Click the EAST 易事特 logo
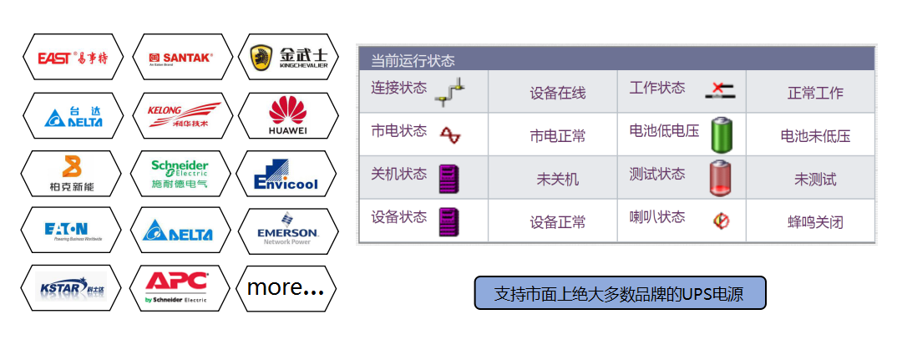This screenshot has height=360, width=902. tap(72, 58)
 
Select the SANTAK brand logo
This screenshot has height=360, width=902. tap(180, 58)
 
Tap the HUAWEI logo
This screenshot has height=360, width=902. tap(288, 115)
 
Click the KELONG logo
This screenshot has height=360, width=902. tap(180, 115)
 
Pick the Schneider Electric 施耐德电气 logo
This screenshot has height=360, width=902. tap(180, 173)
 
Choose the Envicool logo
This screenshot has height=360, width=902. tap(288, 173)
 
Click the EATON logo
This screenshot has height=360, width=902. tap(72, 231)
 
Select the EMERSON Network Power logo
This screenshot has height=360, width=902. tap(288, 231)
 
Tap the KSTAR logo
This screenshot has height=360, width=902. tap(72, 288)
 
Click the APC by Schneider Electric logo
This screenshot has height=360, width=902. tap(180, 288)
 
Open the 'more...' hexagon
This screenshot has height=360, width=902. tap(286, 288)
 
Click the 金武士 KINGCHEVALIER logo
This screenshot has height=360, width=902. tap(288, 58)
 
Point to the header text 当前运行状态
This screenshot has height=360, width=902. tap(413, 61)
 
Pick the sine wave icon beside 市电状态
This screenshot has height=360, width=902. tap(450, 134)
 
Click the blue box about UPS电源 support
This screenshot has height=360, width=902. tap(619, 294)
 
